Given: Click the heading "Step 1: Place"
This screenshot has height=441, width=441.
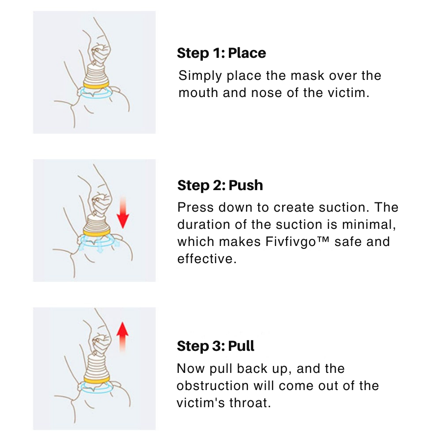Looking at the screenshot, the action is tap(221, 53).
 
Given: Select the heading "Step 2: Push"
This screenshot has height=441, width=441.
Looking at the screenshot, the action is tap(220, 185).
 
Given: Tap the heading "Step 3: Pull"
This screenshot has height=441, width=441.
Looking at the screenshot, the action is tap(216, 346).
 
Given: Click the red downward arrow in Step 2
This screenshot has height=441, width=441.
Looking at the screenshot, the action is tap(122, 213).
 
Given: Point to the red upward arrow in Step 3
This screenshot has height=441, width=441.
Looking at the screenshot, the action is tap(122, 337).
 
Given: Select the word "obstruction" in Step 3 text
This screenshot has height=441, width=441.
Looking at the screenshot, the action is tap(213, 386).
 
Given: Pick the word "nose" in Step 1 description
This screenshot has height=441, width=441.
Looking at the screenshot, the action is tap(267, 93).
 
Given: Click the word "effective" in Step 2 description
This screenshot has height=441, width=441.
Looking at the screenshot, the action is tap(207, 259).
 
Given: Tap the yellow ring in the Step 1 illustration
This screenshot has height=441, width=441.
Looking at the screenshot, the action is tap(96, 85).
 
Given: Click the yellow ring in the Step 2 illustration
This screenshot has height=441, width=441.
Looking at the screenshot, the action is tap(97, 232).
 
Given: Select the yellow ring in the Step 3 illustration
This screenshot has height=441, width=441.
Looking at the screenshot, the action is tap(97, 380).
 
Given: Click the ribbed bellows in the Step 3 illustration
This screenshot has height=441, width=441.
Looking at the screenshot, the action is tap(96, 366).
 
